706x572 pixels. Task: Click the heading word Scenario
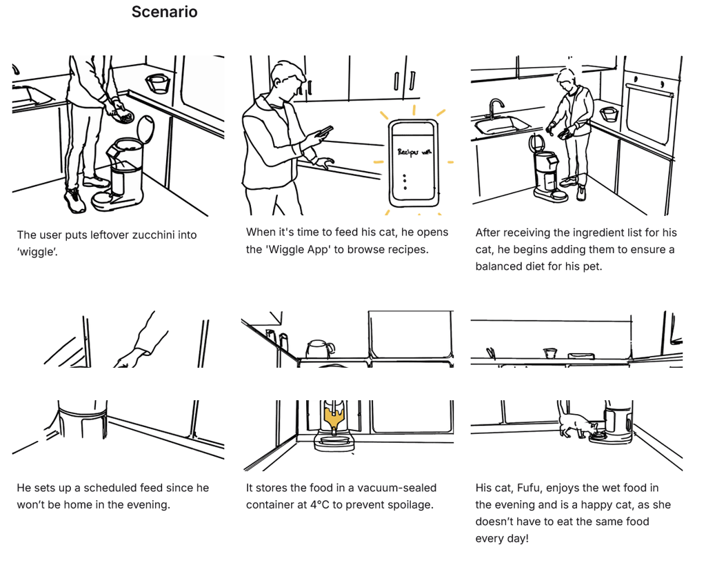pyautogui.click(x=164, y=12)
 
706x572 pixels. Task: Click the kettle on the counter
pyautogui.click(x=319, y=349)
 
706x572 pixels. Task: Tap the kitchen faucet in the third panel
pyautogui.click(x=495, y=108)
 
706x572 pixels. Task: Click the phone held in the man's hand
pyautogui.click(x=323, y=131)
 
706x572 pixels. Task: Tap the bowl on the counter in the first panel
pyautogui.click(x=158, y=84)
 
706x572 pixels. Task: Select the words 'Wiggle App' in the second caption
pyautogui.click(x=297, y=249)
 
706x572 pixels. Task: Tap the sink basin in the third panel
pyautogui.click(x=501, y=124)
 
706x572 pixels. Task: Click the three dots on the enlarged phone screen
pyautogui.click(x=405, y=181)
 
